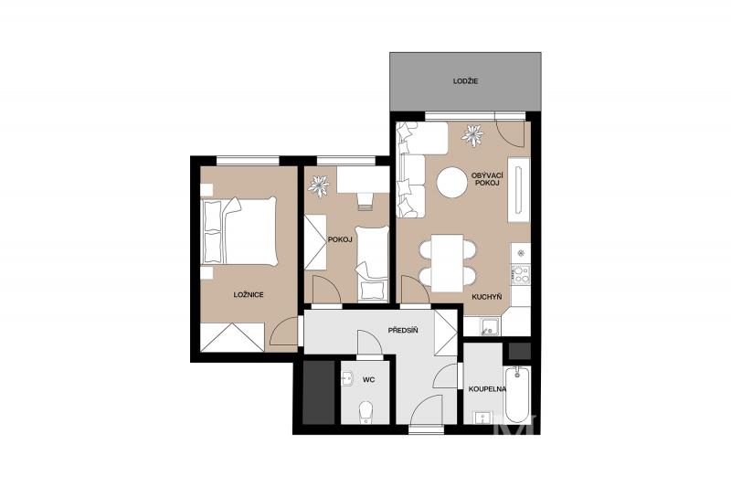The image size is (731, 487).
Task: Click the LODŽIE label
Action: pyautogui.click(x=465, y=81)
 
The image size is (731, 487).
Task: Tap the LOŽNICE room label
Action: pyautogui.click(x=249, y=294)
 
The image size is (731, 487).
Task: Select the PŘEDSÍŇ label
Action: pyautogui.click(x=403, y=331)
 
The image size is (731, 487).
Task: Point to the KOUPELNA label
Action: pyautogui.click(x=488, y=388)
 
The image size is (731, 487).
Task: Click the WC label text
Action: pyautogui.click(x=369, y=380)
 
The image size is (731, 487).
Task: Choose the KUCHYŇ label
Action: pyautogui.click(x=487, y=296)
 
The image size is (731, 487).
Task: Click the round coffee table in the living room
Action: pyautogui.click(x=451, y=182)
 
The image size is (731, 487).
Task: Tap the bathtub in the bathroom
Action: pyautogui.click(x=517, y=396)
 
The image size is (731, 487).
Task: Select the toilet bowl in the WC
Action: pyautogui.click(x=365, y=412)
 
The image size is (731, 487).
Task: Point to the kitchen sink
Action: pyautogui.click(x=489, y=327)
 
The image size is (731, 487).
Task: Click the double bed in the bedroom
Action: pyautogui.click(x=239, y=231)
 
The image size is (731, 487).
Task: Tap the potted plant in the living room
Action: pyautogui.click(x=472, y=135)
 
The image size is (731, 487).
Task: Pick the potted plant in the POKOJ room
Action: pyautogui.click(x=319, y=186)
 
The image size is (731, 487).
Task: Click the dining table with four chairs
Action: pyautogui.click(x=448, y=263)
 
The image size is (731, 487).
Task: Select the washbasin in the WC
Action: pyautogui.click(x=347, y=379)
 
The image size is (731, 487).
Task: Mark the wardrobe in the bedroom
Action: pyautogui.click(x=233, y=337)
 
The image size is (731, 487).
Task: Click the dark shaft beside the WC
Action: pyautogui.click(x=319, y=392)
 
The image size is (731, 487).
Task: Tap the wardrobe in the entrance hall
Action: pyautogui.click(x=446, y=333)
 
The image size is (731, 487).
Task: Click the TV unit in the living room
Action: pyautogui.click(x=518, y=190)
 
